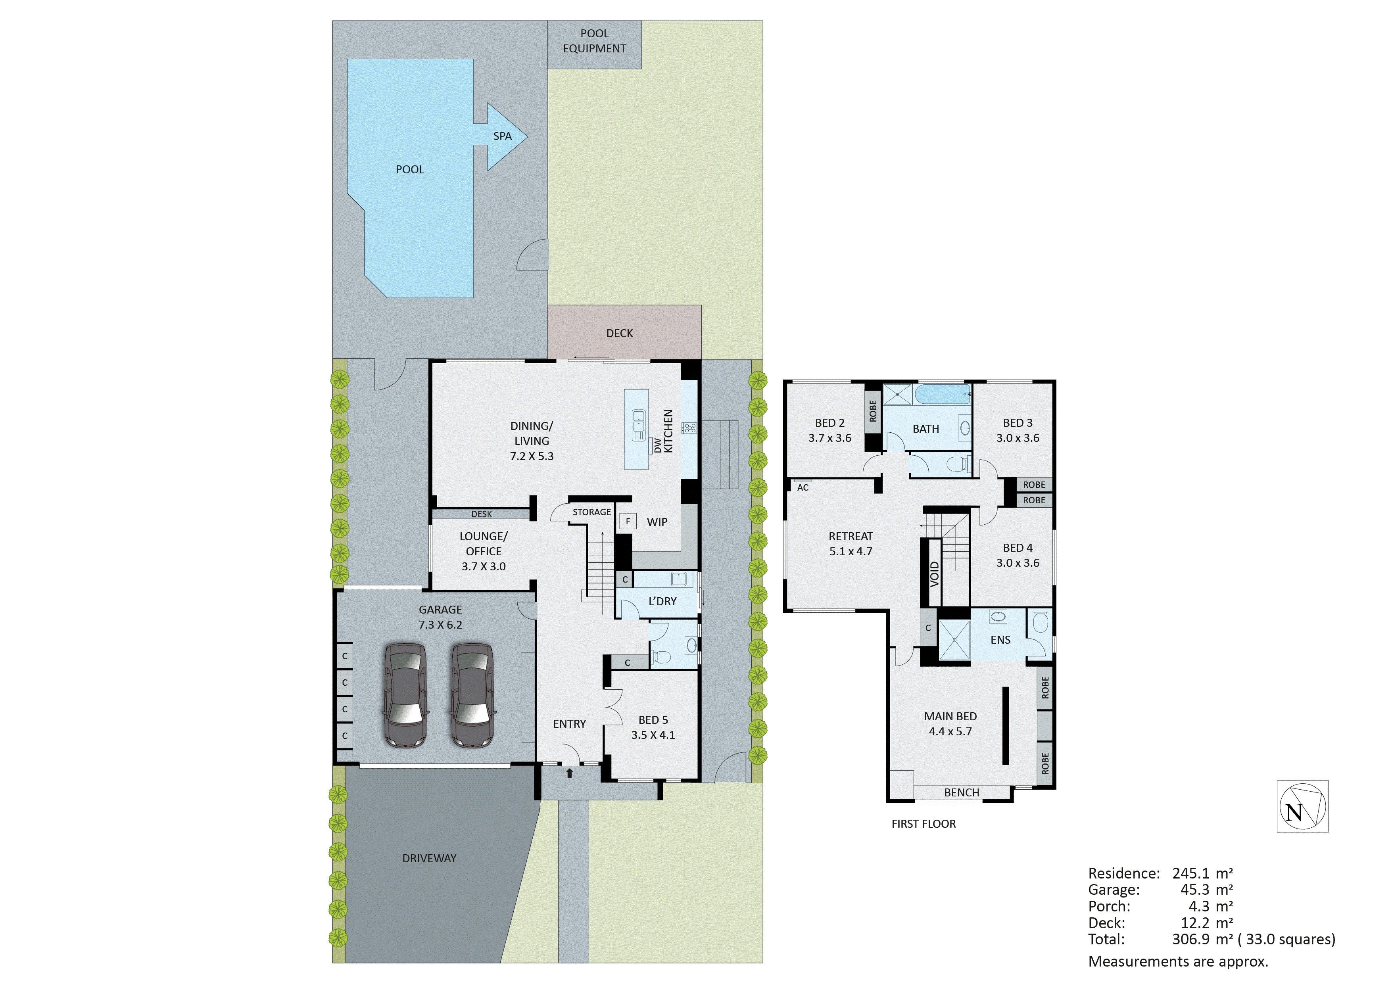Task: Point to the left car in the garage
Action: (x=405, y=695)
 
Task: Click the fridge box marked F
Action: (x=628, y=521)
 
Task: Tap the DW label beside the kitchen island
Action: (x=658, y=445)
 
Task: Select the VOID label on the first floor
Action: (x=934, y=574)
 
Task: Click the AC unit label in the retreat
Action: (x=803, y=487)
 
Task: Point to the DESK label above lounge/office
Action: (x=481, y=514)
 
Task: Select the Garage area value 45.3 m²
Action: (x=1206, y=890)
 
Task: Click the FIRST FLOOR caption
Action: (x=923, y=824)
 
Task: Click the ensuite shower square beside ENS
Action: (x=954, y=640)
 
